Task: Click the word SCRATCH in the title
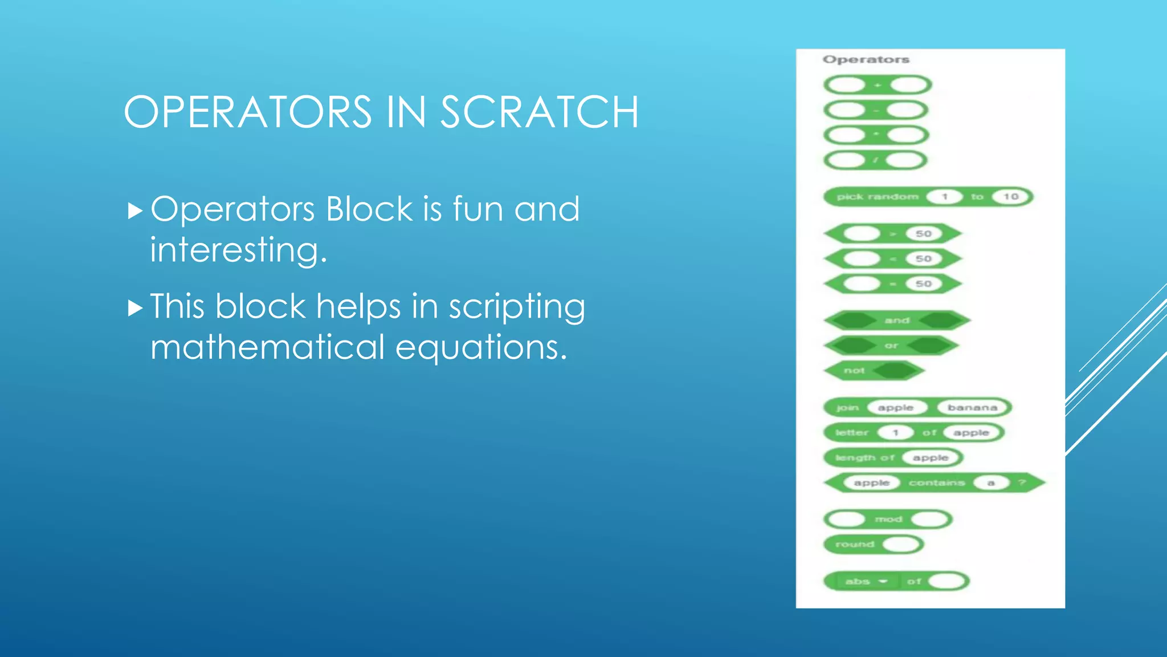click(539, 112)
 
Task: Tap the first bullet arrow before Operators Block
click(135, 211)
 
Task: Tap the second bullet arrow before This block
click(135, 309)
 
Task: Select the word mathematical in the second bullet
click(268, 347)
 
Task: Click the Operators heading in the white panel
click(866, 59)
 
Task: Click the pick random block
click(878, 197)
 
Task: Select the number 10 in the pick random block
click(1010, 197)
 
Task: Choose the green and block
click(897, 321)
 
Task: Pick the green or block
click(891, 346)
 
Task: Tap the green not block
click(854, 371)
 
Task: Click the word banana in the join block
click(972, 408)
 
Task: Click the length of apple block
click(865, 458)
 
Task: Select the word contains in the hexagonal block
click(937, 483)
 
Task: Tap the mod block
click(888, 520)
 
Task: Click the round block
click(855, 545)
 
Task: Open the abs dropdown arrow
click(883, 582)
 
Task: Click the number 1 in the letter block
click(895, 433)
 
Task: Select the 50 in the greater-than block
click(923, 234)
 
